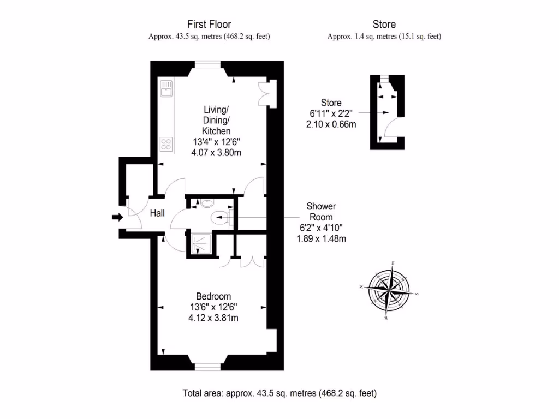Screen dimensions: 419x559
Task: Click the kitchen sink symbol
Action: click(166, 88)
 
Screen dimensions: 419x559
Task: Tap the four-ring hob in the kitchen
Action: click(166, 145)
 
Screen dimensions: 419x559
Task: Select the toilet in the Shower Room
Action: click(221, 219)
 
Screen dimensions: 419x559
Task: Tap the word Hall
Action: click(157, 214)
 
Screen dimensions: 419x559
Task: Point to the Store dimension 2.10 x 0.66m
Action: click(331, 124)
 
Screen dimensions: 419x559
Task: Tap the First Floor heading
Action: click(209, 24)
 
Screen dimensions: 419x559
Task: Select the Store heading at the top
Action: click(384, 24)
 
